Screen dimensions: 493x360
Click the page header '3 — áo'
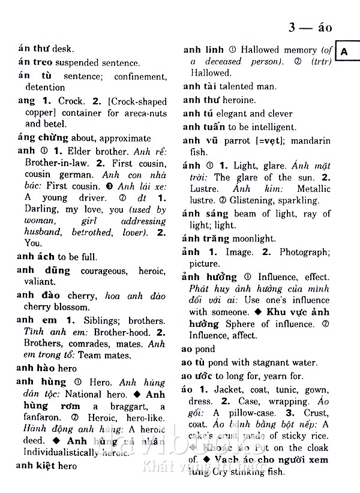310,28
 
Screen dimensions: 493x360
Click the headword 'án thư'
33,49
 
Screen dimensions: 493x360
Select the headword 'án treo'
35,63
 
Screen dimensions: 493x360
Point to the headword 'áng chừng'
43,137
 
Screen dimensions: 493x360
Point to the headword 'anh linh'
203,50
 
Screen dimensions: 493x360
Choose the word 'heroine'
239,100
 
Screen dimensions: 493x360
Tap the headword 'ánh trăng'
208,238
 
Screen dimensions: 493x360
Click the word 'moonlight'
256,238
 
